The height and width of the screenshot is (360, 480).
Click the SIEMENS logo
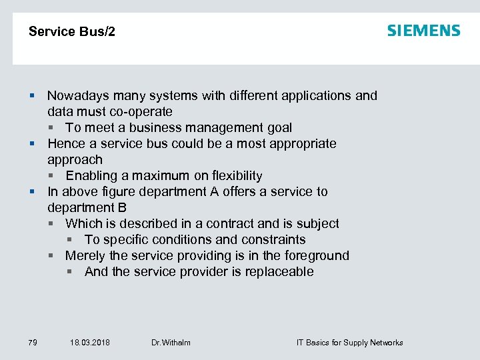[x=423, y=31]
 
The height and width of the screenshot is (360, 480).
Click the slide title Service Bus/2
[x=72, y=32]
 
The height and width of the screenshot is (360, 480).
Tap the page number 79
[x=33, y=343]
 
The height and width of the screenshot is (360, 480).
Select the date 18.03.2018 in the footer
[x=90, y=343]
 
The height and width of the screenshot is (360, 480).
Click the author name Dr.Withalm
[x=171, y=343]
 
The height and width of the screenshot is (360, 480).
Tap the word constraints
[x=275, y=240]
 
